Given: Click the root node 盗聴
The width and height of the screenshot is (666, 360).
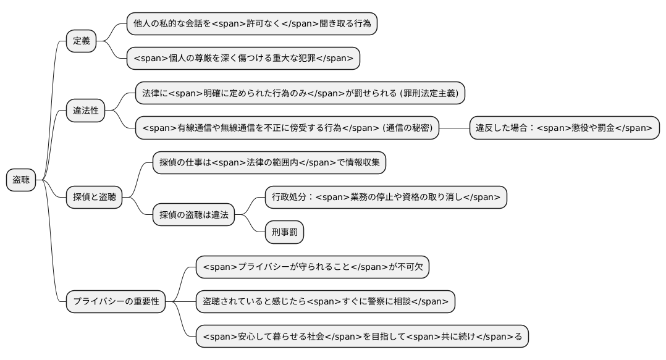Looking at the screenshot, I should point(21,180).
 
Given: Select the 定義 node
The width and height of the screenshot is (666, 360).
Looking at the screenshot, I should point(82,41).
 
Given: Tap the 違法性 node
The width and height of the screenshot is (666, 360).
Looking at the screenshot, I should point(86,111).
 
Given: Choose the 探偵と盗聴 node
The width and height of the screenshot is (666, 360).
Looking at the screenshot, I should point(94,198).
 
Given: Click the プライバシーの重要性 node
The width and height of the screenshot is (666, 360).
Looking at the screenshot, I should point(116,302).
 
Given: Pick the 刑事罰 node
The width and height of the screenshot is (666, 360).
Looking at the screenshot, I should point(284,232).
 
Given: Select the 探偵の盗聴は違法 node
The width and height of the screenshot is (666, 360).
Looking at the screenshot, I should point(194,215).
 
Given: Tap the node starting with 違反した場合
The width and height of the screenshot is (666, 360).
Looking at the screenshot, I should point(564,128).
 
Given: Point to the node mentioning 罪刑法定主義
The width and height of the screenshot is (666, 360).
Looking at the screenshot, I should point(300,94).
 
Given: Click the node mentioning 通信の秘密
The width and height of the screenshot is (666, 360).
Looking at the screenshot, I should point(287,128).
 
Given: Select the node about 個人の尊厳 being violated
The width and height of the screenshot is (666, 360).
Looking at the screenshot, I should point(243,59).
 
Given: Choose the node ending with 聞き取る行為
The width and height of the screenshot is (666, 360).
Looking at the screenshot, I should point(252,24).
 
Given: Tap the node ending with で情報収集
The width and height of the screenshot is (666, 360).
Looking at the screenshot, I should point(269,163).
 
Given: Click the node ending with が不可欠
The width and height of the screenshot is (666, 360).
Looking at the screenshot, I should point(313,267).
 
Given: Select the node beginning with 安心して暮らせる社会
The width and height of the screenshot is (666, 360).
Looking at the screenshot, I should point(362,337).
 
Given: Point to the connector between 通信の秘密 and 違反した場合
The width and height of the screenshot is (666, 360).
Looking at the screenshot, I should point(454,128).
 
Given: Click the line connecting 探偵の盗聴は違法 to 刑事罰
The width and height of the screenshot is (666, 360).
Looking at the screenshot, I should point(251,225).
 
